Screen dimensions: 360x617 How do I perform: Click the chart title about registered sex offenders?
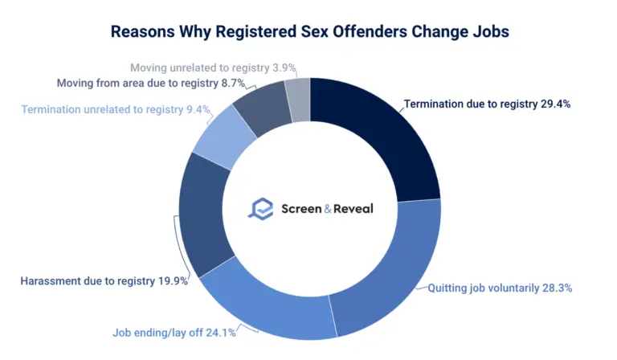click(x=309, y=32)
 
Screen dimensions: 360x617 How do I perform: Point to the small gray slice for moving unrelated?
click(x=298, y=97)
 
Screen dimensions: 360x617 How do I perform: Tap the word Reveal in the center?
click(x=350, y=208)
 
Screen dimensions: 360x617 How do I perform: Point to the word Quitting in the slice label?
click(x=448, y=288)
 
